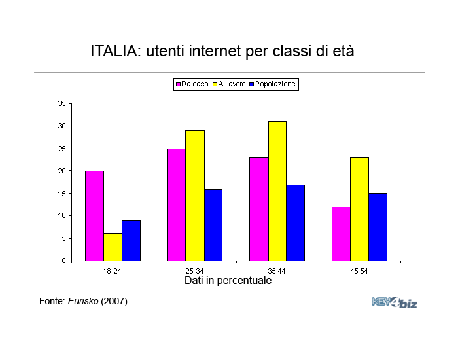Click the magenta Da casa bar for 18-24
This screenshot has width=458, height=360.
tap(94, 215)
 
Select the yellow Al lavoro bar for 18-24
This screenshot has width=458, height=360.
tap(113, 247)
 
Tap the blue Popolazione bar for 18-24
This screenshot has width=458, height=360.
tap(131, 240)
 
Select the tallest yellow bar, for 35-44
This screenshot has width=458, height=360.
tap(277, 190)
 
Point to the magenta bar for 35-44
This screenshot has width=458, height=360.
tap(259, 209)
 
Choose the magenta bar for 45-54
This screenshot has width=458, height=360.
tap(341, 234)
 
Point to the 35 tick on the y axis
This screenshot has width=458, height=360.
tap(62, 103)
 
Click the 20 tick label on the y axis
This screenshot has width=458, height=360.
tap(62, 171)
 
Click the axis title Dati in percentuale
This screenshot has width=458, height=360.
tap(228, 280)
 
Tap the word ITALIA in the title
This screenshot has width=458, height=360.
tap(112, 51)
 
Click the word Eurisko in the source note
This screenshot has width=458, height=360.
tap(83, 302)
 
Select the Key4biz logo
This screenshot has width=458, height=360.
tap(394, 302)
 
